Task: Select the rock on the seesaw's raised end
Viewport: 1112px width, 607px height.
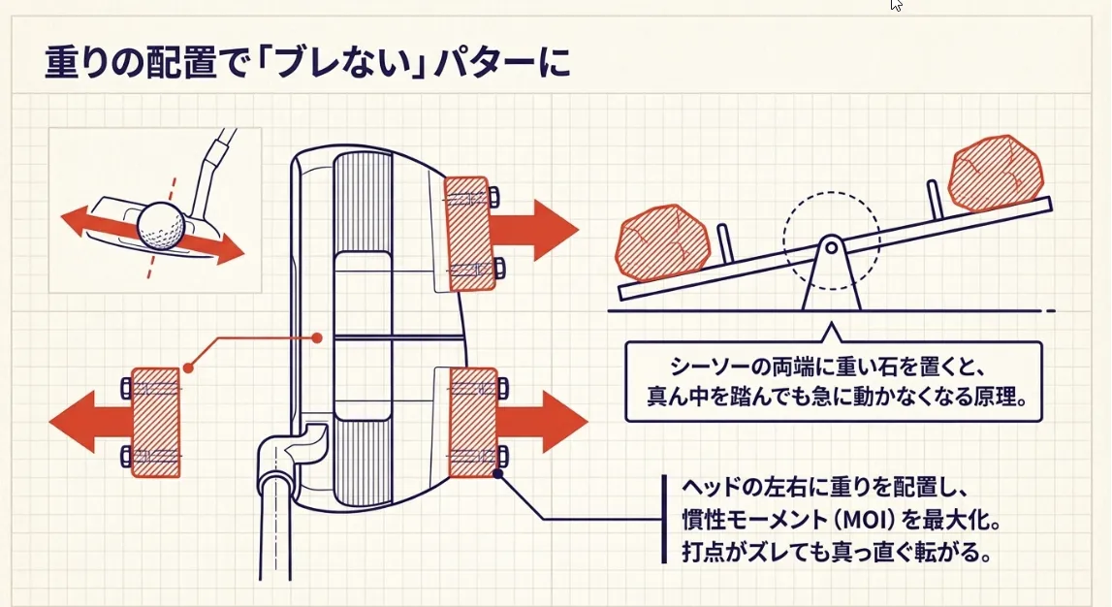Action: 996,174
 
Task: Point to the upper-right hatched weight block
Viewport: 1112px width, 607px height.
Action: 466,234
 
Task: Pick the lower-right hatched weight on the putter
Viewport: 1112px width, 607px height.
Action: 472,423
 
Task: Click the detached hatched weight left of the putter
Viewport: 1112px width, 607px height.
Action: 155,423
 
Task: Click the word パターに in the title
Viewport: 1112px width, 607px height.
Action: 513,62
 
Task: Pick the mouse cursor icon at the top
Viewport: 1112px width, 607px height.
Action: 896,5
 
